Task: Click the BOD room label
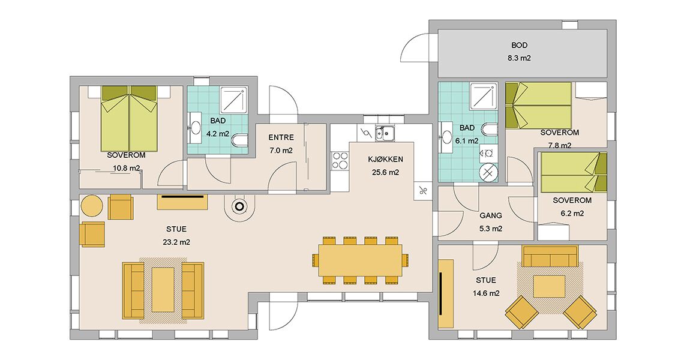519,45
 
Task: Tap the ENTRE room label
281,137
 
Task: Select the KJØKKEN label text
385,160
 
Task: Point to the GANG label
491,215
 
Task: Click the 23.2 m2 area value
176,242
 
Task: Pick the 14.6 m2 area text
486,293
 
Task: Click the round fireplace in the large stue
239,206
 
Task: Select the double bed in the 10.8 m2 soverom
130,118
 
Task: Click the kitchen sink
385,133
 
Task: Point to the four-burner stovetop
340,161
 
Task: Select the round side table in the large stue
92,206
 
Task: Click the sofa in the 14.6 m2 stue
550,256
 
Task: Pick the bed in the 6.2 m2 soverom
574,172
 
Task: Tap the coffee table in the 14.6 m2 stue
549,286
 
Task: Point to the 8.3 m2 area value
519,58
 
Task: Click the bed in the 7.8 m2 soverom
539,105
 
